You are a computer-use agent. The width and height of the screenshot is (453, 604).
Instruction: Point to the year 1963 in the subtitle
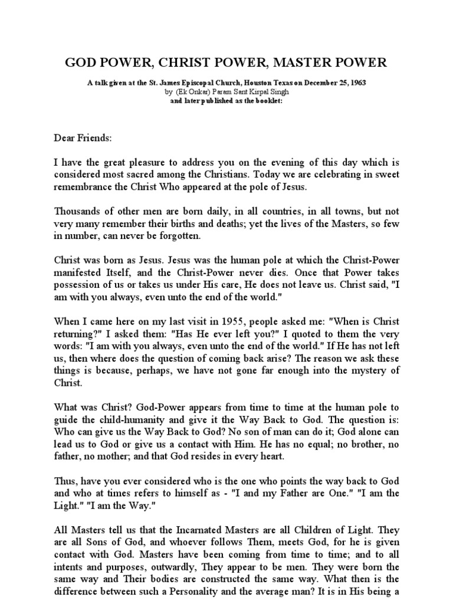click(366, 84)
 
